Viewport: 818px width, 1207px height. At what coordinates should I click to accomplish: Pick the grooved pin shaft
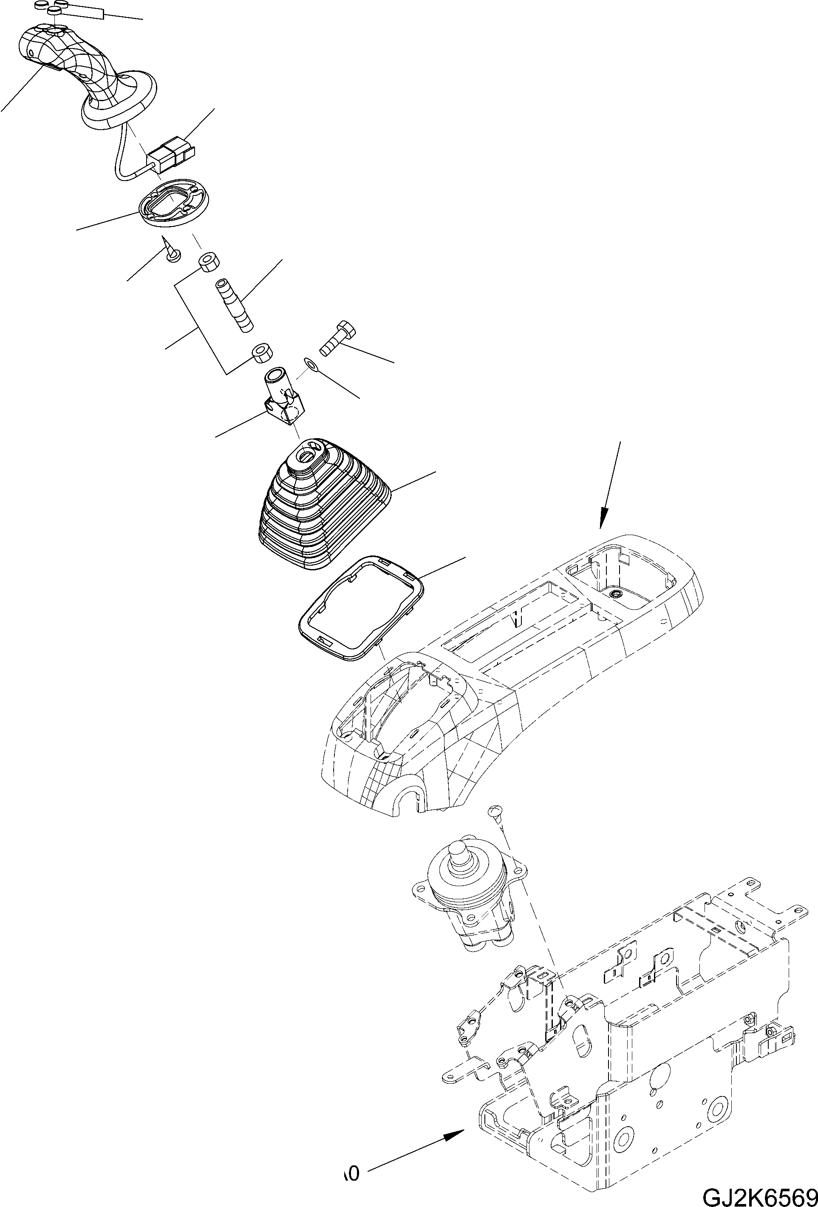pyautogui.click(x=233, y=304)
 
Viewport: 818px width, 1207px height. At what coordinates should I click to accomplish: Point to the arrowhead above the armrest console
pyautogui.click(x=603, y=519)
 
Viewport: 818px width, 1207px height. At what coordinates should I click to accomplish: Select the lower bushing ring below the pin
pyautogui.click(x=262, y=354)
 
